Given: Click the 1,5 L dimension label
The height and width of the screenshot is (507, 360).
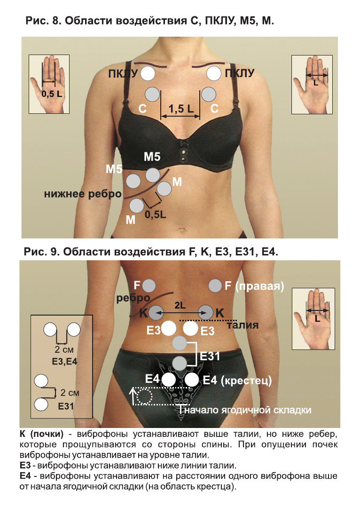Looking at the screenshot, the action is (180, 109).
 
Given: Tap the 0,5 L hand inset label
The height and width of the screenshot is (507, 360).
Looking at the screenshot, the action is (51, 94).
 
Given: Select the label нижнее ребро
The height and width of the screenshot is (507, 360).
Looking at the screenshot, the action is (83, 194).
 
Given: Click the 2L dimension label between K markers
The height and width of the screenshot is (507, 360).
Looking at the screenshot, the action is (180, 305).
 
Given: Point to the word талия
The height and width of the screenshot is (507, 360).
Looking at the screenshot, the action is (243, 325).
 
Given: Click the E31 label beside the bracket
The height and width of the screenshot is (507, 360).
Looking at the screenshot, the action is (210, 356).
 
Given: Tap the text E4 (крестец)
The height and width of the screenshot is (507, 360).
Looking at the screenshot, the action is (237, 380).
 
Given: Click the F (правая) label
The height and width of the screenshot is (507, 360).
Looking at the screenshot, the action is (254, 285).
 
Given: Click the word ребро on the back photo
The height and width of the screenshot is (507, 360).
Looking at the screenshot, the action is (133, 298).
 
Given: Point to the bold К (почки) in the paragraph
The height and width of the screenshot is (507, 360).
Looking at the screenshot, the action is (41, 432).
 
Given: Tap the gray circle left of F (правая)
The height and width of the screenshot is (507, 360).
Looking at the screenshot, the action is (215, 285).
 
